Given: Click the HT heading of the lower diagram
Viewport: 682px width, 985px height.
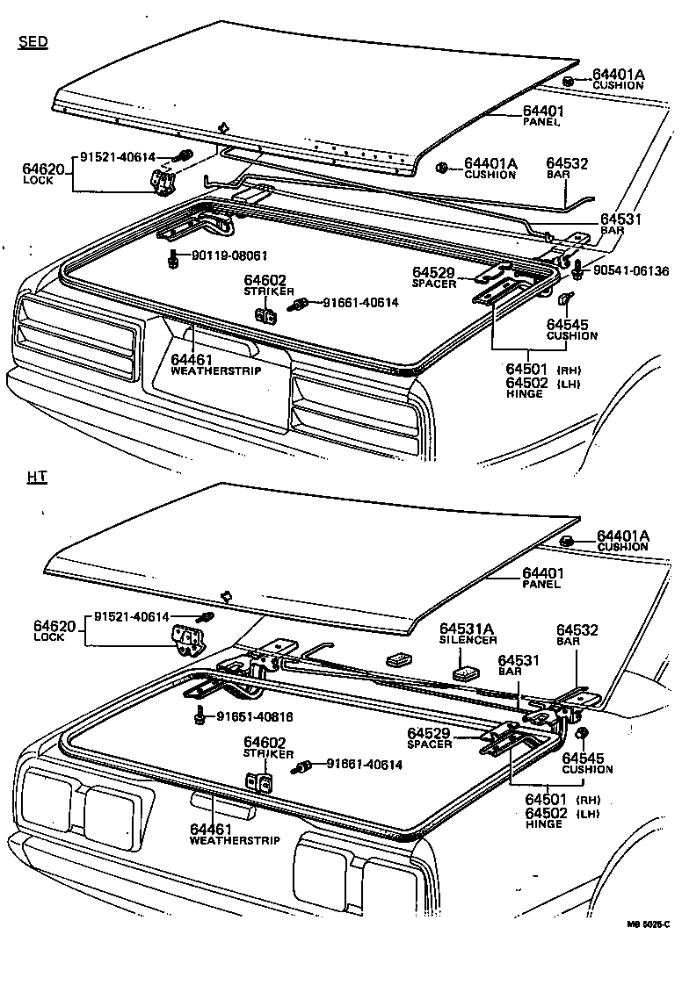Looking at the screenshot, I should click(37, 477).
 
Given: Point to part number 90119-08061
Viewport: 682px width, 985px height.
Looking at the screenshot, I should click(220, 255).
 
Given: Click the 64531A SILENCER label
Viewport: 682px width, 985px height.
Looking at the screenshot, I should click(468, 634).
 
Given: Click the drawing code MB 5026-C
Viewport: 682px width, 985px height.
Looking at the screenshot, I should click(649, 923).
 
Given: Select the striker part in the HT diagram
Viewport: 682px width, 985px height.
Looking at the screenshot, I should click(258, 782).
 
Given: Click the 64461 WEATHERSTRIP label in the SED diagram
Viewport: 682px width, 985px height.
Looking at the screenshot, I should click(204, 364).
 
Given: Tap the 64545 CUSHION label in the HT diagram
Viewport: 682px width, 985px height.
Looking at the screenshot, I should click(587, 763).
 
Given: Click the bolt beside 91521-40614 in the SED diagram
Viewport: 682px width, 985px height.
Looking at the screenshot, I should click(185, 158).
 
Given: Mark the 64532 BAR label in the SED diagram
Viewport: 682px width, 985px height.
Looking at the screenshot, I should click(567, 169).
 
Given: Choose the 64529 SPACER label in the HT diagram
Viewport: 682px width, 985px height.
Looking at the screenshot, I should click(429, 738).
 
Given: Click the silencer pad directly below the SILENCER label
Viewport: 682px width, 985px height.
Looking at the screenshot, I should click(466, 674).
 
